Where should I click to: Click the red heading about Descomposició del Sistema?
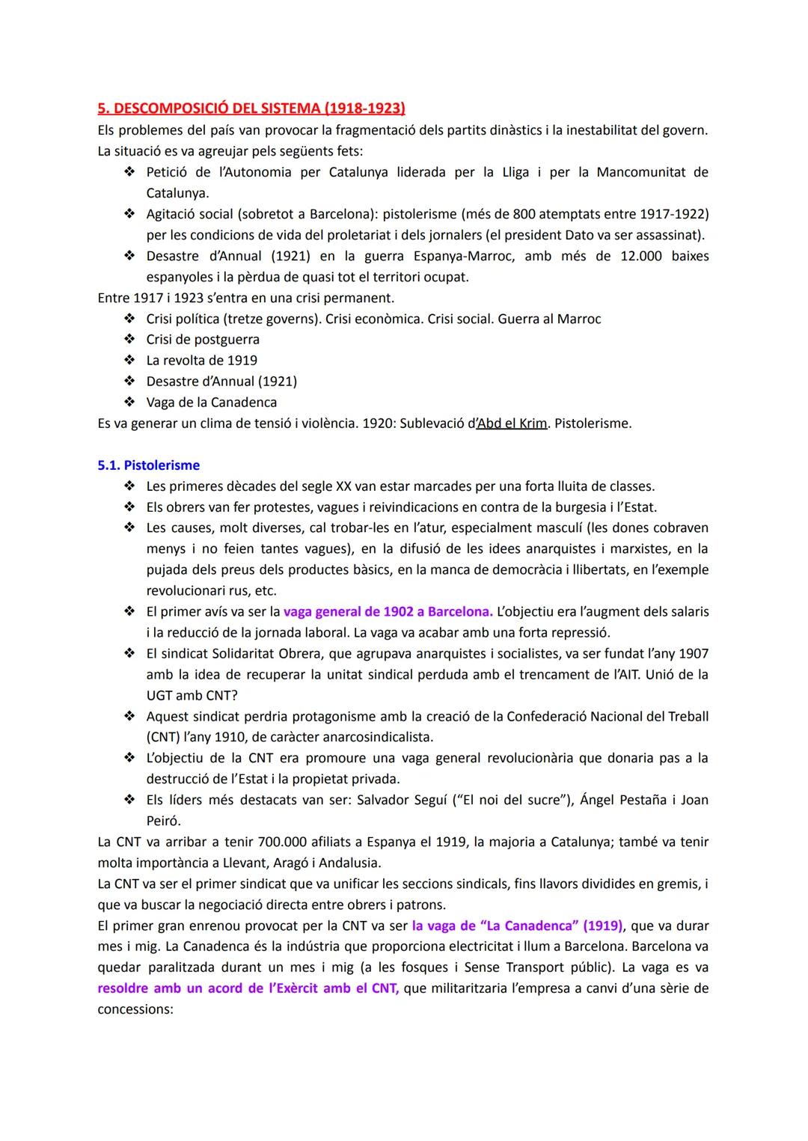click(x=251, y=108)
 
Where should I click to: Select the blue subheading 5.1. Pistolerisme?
click(x=149, y=465)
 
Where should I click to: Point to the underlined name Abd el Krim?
click(x=512, y=423)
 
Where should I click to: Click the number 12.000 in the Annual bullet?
click(x=641, y=256)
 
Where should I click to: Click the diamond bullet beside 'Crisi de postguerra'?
click(x=129, y=340)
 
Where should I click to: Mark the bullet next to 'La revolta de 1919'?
click(x=129, y=361)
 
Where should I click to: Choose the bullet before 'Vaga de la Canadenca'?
click(x=129, y=403)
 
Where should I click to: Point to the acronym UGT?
click(x=159, y=696)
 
